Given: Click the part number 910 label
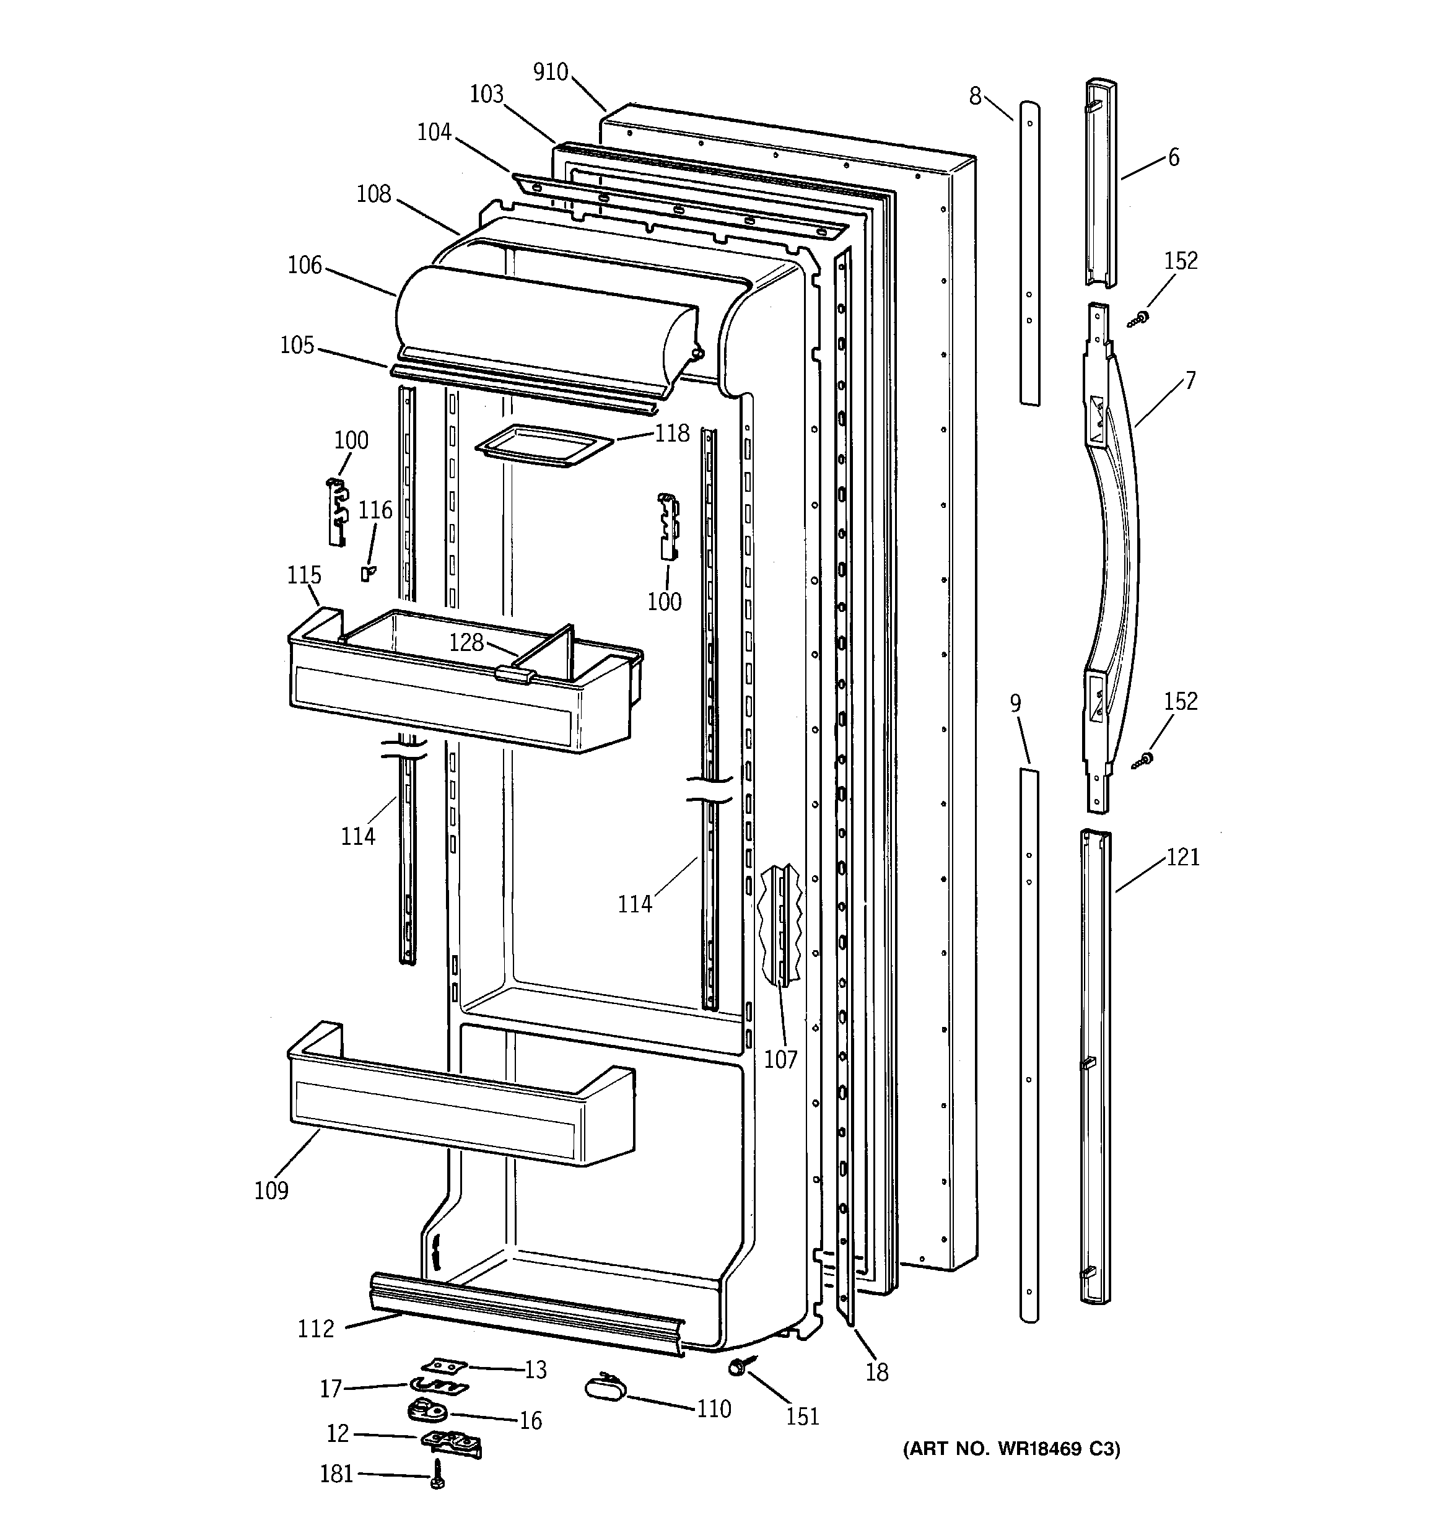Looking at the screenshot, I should [550, 72].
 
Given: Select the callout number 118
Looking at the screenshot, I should [672, 434].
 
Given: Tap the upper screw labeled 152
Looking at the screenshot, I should [1138, 318].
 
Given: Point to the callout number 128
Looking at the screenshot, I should [466, 642].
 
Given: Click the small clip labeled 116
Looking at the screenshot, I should [368, 573].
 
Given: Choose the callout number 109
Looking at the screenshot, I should [271, 1190].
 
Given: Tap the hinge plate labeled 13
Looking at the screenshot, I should [444, 1366].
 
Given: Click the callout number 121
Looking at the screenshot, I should [1182, 857].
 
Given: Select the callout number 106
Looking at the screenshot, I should [305, 265].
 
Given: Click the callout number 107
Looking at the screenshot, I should [780, 1060].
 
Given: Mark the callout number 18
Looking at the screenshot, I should [877, 1373].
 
